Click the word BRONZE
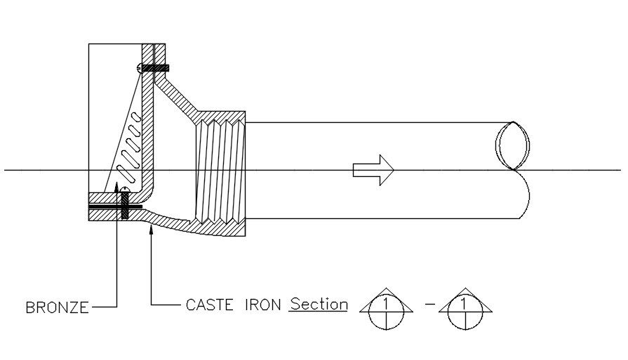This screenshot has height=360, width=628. coord(57,307)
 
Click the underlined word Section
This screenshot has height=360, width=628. coord(319,305)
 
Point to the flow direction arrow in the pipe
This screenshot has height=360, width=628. coord(373,170)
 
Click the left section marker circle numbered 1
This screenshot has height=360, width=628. coord(382,309)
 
